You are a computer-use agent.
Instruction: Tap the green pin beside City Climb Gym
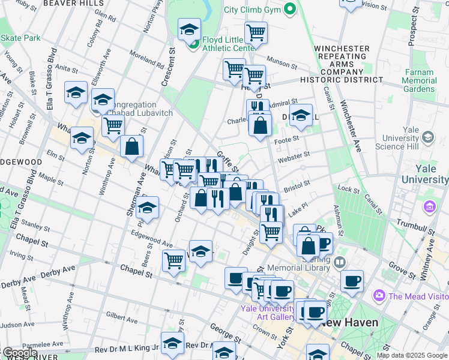290,9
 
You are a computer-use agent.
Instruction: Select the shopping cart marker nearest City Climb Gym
256,32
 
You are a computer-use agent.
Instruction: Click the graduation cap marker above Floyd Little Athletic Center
188,29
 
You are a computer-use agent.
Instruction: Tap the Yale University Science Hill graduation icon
427,139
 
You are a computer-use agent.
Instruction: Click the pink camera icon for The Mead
379,296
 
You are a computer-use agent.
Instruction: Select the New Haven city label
349,323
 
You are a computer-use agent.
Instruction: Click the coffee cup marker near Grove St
352,280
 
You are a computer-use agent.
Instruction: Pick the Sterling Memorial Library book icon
340,262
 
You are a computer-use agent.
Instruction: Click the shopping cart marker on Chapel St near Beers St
173,260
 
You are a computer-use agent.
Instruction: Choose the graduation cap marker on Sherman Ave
147,208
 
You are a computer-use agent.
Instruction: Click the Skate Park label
20,38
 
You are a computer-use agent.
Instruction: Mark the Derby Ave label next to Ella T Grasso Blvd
20,282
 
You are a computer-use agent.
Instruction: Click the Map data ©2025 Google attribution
412,355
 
